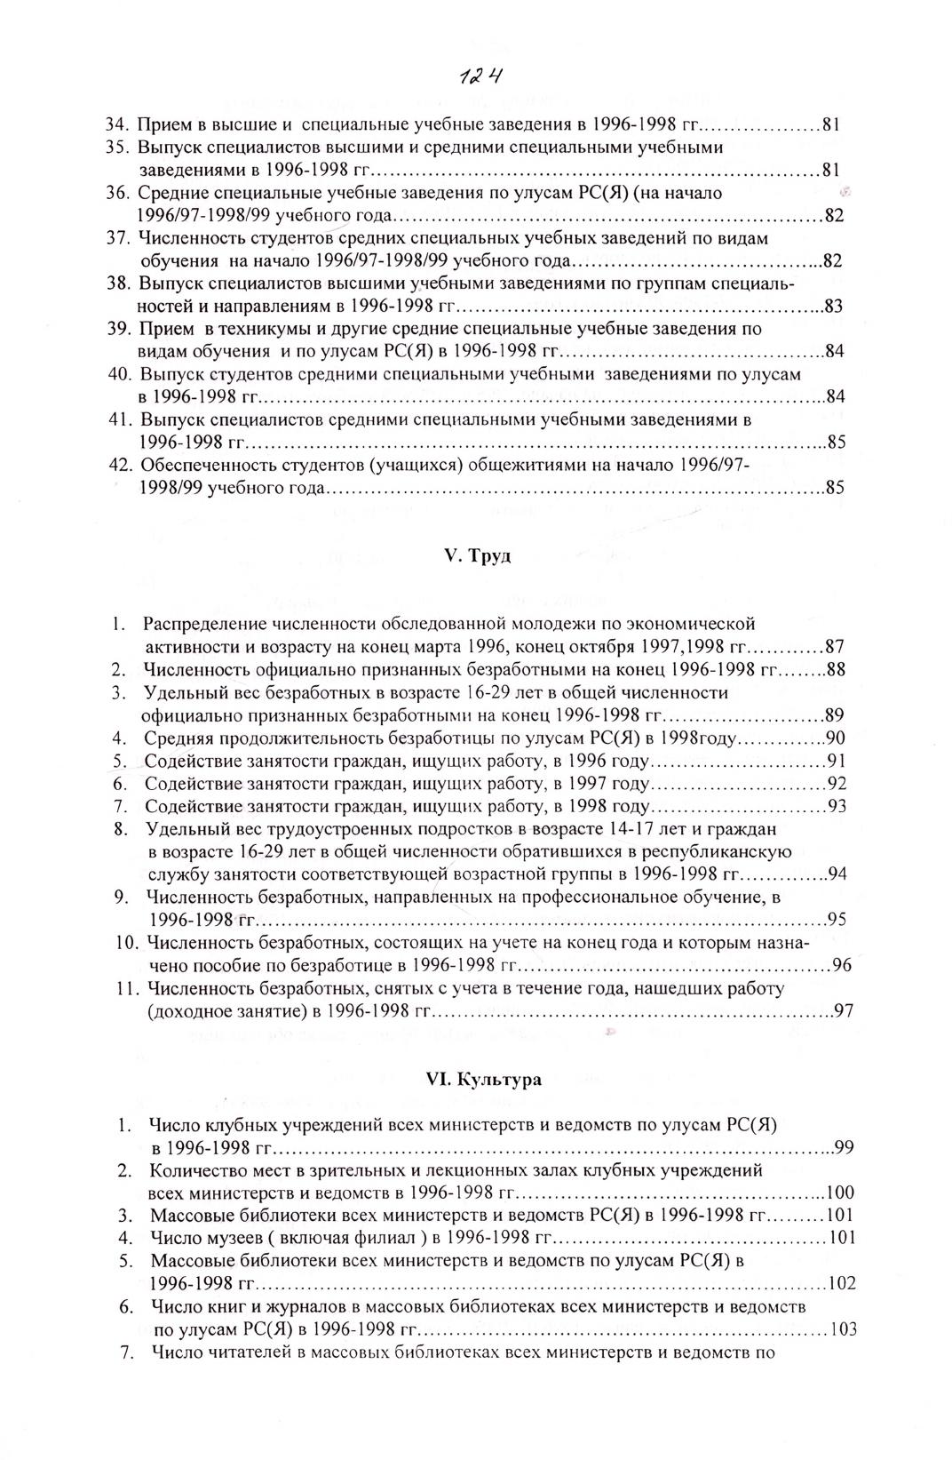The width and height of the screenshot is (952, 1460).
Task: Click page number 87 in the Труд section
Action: pyautogui.click(x=836, y=646)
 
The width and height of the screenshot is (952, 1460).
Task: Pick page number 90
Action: pyautogui.click(x=836, y=738)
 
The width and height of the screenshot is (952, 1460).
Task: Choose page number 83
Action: pyautogui.click(x=834, y=307)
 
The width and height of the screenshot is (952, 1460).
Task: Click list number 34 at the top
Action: pyautogui.click(x=119, y=124)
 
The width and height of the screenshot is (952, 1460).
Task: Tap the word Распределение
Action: pyautogui.click(x=204, y=624)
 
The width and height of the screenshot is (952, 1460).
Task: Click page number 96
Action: pyautogui.click(x=842, y=965)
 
